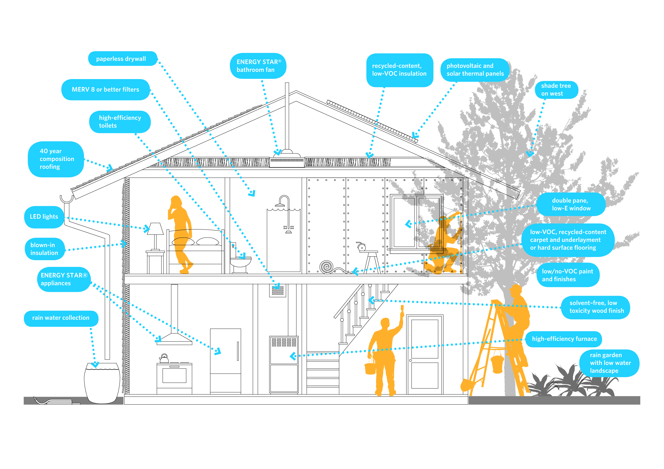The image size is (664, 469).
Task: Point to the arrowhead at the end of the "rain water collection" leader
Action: [95, 364]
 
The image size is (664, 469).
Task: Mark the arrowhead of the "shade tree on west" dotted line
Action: [530, 154]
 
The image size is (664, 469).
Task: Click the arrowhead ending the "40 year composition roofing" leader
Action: [110, 167]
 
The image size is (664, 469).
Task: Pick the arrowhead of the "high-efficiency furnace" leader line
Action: [293, 356]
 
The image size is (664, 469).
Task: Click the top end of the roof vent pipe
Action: [287, 83]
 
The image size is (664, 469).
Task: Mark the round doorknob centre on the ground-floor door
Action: [410, 360]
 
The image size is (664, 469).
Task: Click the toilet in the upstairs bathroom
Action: [240, 258]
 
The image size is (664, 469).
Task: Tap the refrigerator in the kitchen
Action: [226, 361]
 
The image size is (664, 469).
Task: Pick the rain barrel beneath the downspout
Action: [102, 383]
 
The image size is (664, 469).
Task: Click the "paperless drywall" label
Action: [121, 59]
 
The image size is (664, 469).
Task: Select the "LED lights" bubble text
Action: [44, 216]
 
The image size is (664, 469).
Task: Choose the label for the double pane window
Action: [571, 204]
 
